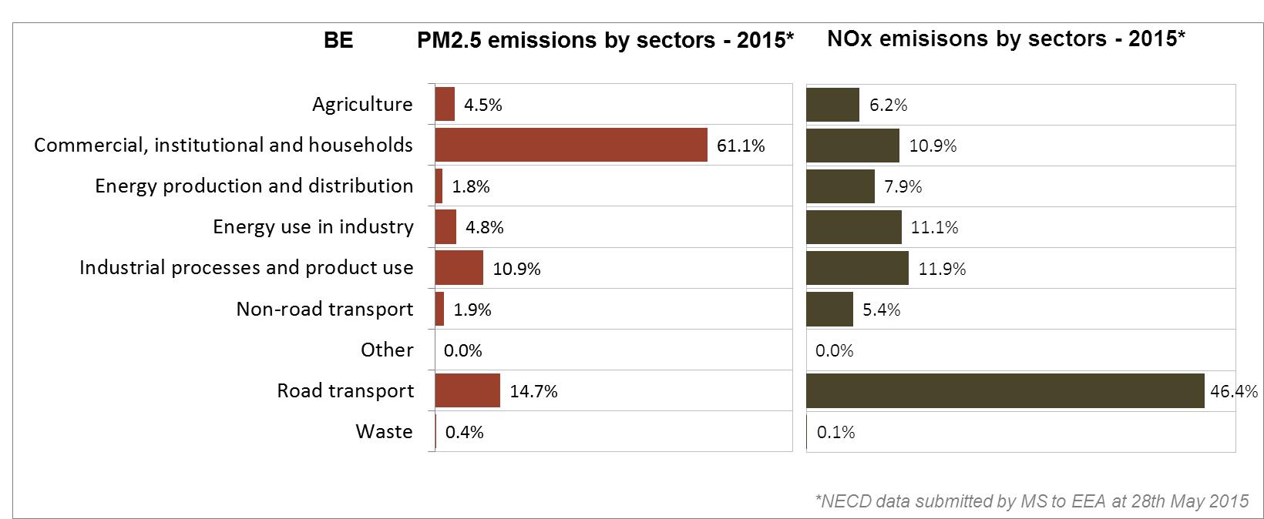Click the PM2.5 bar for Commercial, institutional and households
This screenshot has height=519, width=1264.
(571, 145)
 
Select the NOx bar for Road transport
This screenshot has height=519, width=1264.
(1005, 390)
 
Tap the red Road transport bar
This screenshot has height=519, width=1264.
(467, 390)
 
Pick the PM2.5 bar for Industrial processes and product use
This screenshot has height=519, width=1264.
(459, 268)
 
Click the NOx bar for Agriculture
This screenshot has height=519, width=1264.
(833, 105)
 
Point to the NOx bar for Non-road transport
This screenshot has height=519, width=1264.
(829, 309)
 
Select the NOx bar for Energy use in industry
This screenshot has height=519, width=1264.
(854, 227)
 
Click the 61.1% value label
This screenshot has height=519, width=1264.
(741, 146)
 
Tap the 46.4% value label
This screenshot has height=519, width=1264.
(1234, 391)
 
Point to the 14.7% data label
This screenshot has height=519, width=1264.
(534, 391)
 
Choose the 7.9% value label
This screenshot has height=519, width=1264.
(903, 186)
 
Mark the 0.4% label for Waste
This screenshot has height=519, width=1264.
(465, 432)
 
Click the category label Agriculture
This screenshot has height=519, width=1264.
(362, 104)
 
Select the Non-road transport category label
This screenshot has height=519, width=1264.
(324, 309)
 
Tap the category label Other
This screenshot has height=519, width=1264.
(387, 350)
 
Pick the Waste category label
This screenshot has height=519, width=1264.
(385, 432)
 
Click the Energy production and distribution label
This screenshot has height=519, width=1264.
(254, 186)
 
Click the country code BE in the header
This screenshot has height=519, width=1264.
(338, 40)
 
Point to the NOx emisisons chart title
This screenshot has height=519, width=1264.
(1006, 39)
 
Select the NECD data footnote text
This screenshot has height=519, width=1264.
(1032, 501)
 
